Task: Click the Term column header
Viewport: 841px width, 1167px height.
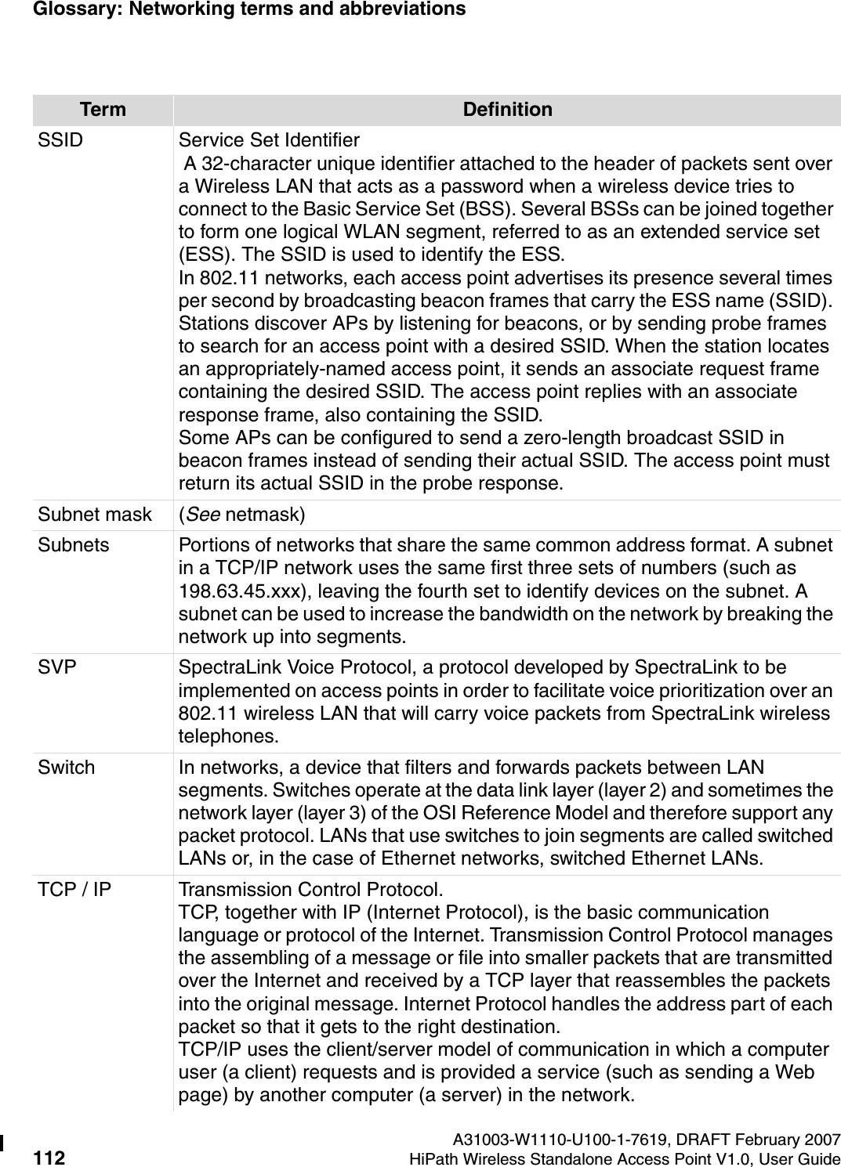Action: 103,110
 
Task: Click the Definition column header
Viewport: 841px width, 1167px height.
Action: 507,110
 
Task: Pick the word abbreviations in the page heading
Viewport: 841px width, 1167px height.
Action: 404,9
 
